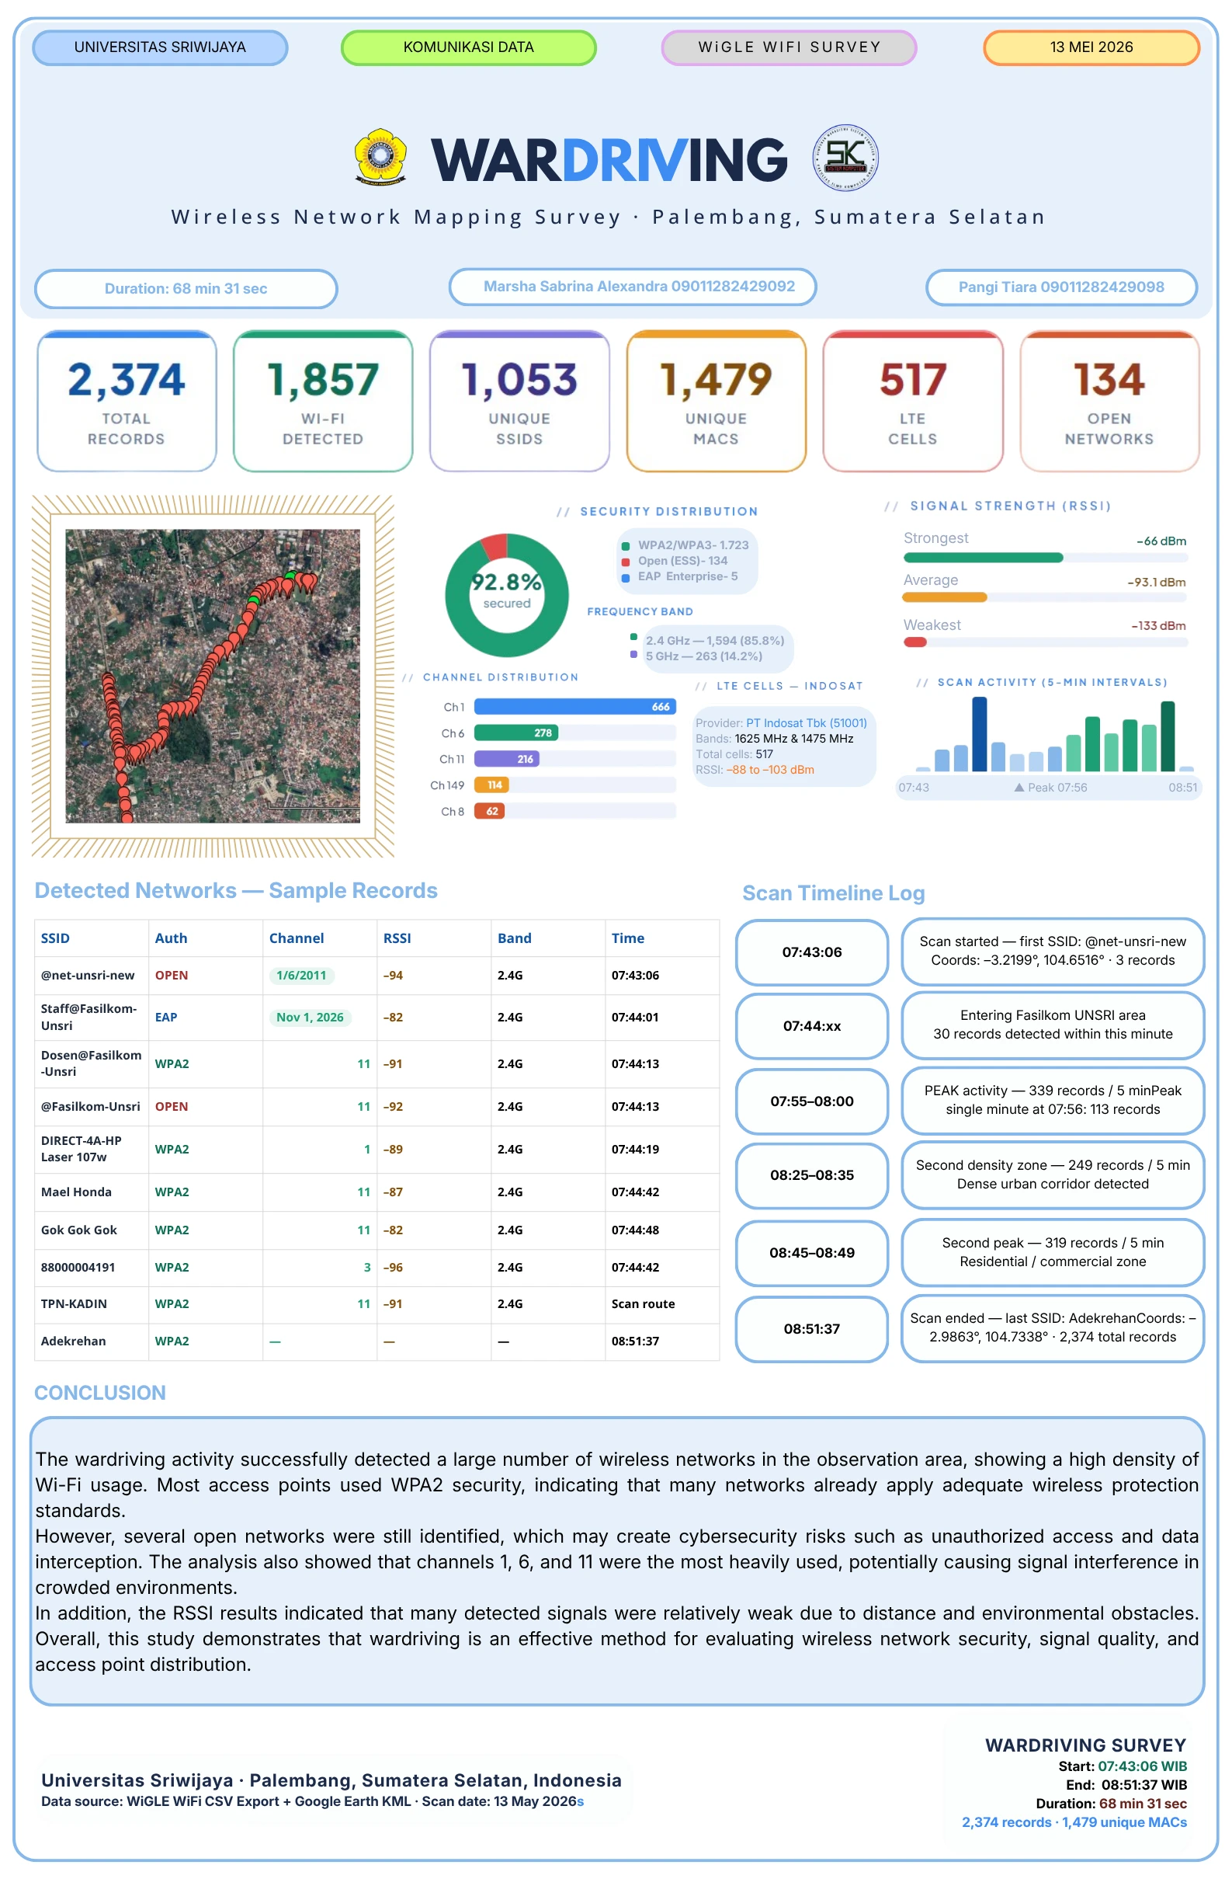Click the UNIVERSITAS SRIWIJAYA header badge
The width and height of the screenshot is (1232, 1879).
(160, 47)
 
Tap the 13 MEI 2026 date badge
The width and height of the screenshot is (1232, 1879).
(1091, 47)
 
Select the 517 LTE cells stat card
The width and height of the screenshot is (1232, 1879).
(912, 401)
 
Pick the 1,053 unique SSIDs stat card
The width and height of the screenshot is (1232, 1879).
(519, 401)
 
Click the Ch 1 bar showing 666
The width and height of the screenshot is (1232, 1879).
(574, 707)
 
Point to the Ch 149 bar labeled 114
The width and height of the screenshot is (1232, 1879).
(491, 785)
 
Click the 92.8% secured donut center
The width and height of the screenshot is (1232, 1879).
(507, 590)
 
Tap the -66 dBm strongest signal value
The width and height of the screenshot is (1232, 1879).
(1161, 541)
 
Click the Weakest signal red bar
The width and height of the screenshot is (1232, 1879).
(914, 642)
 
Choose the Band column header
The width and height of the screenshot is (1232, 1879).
(515, 938)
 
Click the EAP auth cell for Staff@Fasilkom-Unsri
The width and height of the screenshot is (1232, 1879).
(165, 1017)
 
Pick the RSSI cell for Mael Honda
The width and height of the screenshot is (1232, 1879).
(393, 1192)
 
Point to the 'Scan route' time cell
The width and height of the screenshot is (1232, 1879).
(644, 1304)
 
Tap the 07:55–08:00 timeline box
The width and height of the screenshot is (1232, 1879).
(811, 1101)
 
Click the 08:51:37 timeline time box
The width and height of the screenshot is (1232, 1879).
(811, 1330)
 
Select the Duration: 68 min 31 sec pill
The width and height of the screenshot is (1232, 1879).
(186, 289)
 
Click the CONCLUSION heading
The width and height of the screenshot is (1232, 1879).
(100, 1393)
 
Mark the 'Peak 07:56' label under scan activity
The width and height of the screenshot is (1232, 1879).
(1050, 788)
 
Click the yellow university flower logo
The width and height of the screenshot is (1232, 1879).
(380, 156)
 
